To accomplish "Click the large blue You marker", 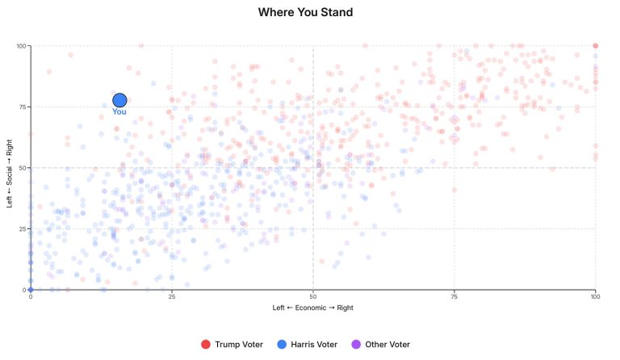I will tap(119, 100).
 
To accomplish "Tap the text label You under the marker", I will tap(119, 112).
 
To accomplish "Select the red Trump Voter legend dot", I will tap(206, 345).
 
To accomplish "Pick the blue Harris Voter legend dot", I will tap(282, 345).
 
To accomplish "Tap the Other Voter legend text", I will tap(387, 345).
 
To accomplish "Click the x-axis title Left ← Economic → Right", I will tap(312, 308).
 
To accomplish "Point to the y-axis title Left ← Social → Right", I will tap(10, 167).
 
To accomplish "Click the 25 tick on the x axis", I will tap(171, 296).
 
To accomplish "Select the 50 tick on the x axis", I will tap(312, 296).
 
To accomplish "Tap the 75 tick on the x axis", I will tap(454, 296).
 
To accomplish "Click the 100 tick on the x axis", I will tap(595, 296).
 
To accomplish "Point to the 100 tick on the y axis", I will tap(21, 46).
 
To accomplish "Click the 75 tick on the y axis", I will tap(23, 107).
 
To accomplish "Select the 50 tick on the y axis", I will tap(23, 168).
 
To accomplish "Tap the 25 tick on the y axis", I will tap(23, 228).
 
